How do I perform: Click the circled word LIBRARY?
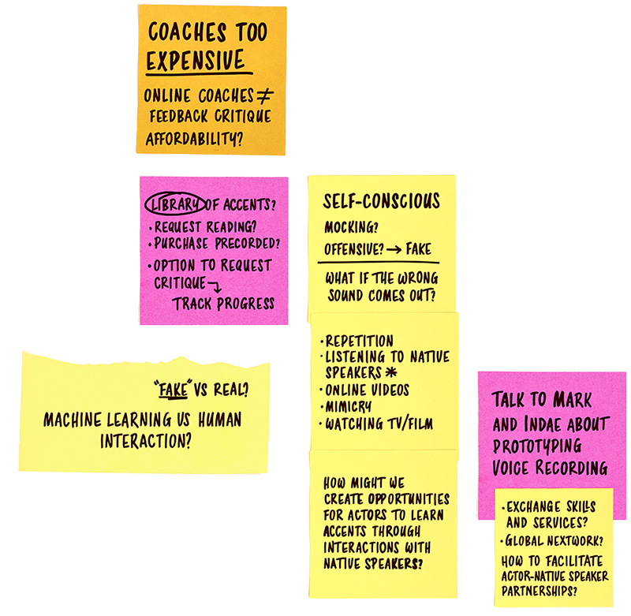point(174,204)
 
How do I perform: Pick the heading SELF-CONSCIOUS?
point(381,201)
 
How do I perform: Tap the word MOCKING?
point(351,228)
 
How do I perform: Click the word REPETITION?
point(361,341)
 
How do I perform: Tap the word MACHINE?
point(75,419)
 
